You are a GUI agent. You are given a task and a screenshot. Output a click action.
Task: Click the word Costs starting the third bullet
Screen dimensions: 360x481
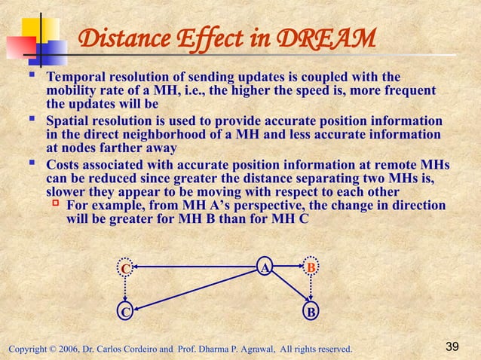pyautogui.click(x=64, y=164)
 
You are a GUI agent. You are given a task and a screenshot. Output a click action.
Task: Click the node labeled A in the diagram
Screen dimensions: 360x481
pyautogui.click(x=265, y=267)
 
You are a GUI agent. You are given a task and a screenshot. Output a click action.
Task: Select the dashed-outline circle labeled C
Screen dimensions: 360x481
pyautogui.click(x=126, y=268)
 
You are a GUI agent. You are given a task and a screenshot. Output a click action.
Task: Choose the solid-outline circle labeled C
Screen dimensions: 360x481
pyautogui.click(x=126, y=312)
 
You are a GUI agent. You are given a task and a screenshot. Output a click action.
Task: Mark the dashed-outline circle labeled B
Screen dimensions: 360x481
pyautogui.click(x=311, y=267)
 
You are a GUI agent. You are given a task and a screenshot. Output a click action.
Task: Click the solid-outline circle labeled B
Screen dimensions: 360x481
pyautogui.click(x=311, y=312)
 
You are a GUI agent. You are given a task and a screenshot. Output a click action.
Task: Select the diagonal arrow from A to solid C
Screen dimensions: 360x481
pyautogui.click(x=200, y=289)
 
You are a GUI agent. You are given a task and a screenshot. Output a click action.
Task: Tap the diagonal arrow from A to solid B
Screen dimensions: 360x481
pyautogui.click(x=288, y=290)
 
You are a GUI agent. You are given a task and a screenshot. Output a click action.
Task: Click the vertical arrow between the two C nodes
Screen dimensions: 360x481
pyautogui.click(x=126, y=290)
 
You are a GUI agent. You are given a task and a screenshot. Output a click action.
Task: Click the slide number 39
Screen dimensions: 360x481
pyautogui.click(x=452, y=346)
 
